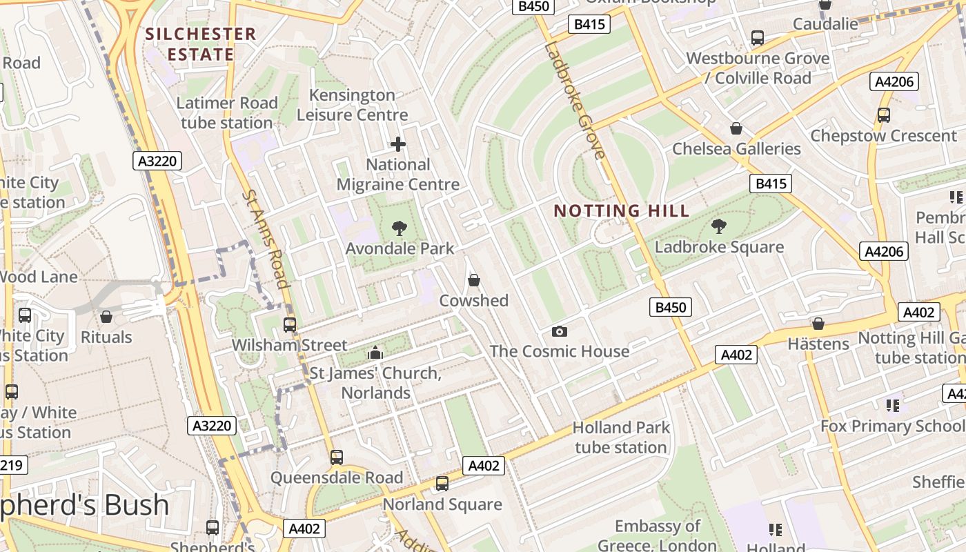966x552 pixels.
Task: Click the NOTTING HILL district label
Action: click(622, 211)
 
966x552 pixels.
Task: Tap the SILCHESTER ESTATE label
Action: click(200, 43)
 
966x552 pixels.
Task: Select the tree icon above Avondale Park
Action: click(399, 228)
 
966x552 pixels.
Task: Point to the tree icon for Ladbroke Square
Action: click(718, 226)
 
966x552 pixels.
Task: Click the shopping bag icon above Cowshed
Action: click(473, 280)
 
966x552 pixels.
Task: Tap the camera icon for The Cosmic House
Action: click(559, 331)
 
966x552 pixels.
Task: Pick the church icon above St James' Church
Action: click(375, 353)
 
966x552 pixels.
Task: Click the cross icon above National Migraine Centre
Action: click(398, 144)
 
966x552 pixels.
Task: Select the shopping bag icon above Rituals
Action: click(106, 317)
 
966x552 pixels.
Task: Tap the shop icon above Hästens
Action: click(818, 324)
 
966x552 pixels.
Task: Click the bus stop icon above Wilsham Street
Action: click(290, 324)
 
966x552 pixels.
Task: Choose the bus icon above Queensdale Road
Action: click(336, 457)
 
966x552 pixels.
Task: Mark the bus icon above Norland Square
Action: click(442, 484)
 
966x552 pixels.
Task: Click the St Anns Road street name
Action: click(264, 238)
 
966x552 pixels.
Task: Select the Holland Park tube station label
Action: click(621, 437)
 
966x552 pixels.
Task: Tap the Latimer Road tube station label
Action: click(227, 113)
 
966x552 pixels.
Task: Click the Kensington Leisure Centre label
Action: click(352, 105)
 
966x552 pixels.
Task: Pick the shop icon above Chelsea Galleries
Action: click(736, 128)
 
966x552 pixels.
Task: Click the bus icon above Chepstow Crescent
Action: click(883, 115)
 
